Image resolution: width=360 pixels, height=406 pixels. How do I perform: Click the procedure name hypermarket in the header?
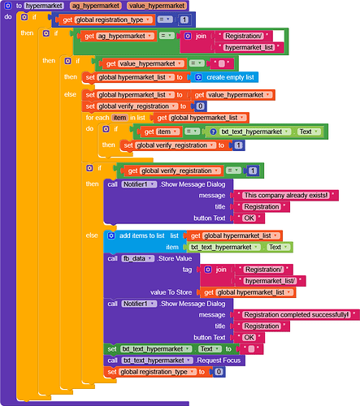coord(44,6)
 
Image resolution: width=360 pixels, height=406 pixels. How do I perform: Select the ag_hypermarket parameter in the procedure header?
coord(96,6)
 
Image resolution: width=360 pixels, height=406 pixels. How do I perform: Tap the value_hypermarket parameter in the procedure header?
coord(157,6)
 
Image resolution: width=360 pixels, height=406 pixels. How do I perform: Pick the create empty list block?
coord(224,77)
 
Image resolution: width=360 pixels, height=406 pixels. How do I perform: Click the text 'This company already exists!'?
coord(286,196)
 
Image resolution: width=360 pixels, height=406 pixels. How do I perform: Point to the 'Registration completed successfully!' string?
coord(297,315)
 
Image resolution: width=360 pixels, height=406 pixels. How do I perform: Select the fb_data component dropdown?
coord(138,258)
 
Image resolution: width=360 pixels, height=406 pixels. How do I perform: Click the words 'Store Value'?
coord(176,258)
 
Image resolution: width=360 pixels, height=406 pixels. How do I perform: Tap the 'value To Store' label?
coord(171,292)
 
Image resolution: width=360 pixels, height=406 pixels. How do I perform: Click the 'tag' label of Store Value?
coord(187,270)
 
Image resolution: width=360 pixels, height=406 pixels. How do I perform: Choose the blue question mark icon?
coord(213,132)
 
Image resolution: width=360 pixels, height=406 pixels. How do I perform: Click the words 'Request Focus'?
coord(219,361)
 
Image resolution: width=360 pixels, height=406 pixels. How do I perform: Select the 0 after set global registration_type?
coord(219,372)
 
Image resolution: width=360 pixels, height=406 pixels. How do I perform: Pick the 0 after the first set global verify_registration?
coord(200,106)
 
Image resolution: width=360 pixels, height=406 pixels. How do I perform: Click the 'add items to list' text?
coord(142,235)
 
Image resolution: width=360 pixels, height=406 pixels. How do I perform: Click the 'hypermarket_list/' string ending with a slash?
coord(270,281)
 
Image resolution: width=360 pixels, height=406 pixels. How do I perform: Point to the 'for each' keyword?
coord(98,118)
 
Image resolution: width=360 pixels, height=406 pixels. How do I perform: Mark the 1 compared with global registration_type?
coord(184,19)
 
